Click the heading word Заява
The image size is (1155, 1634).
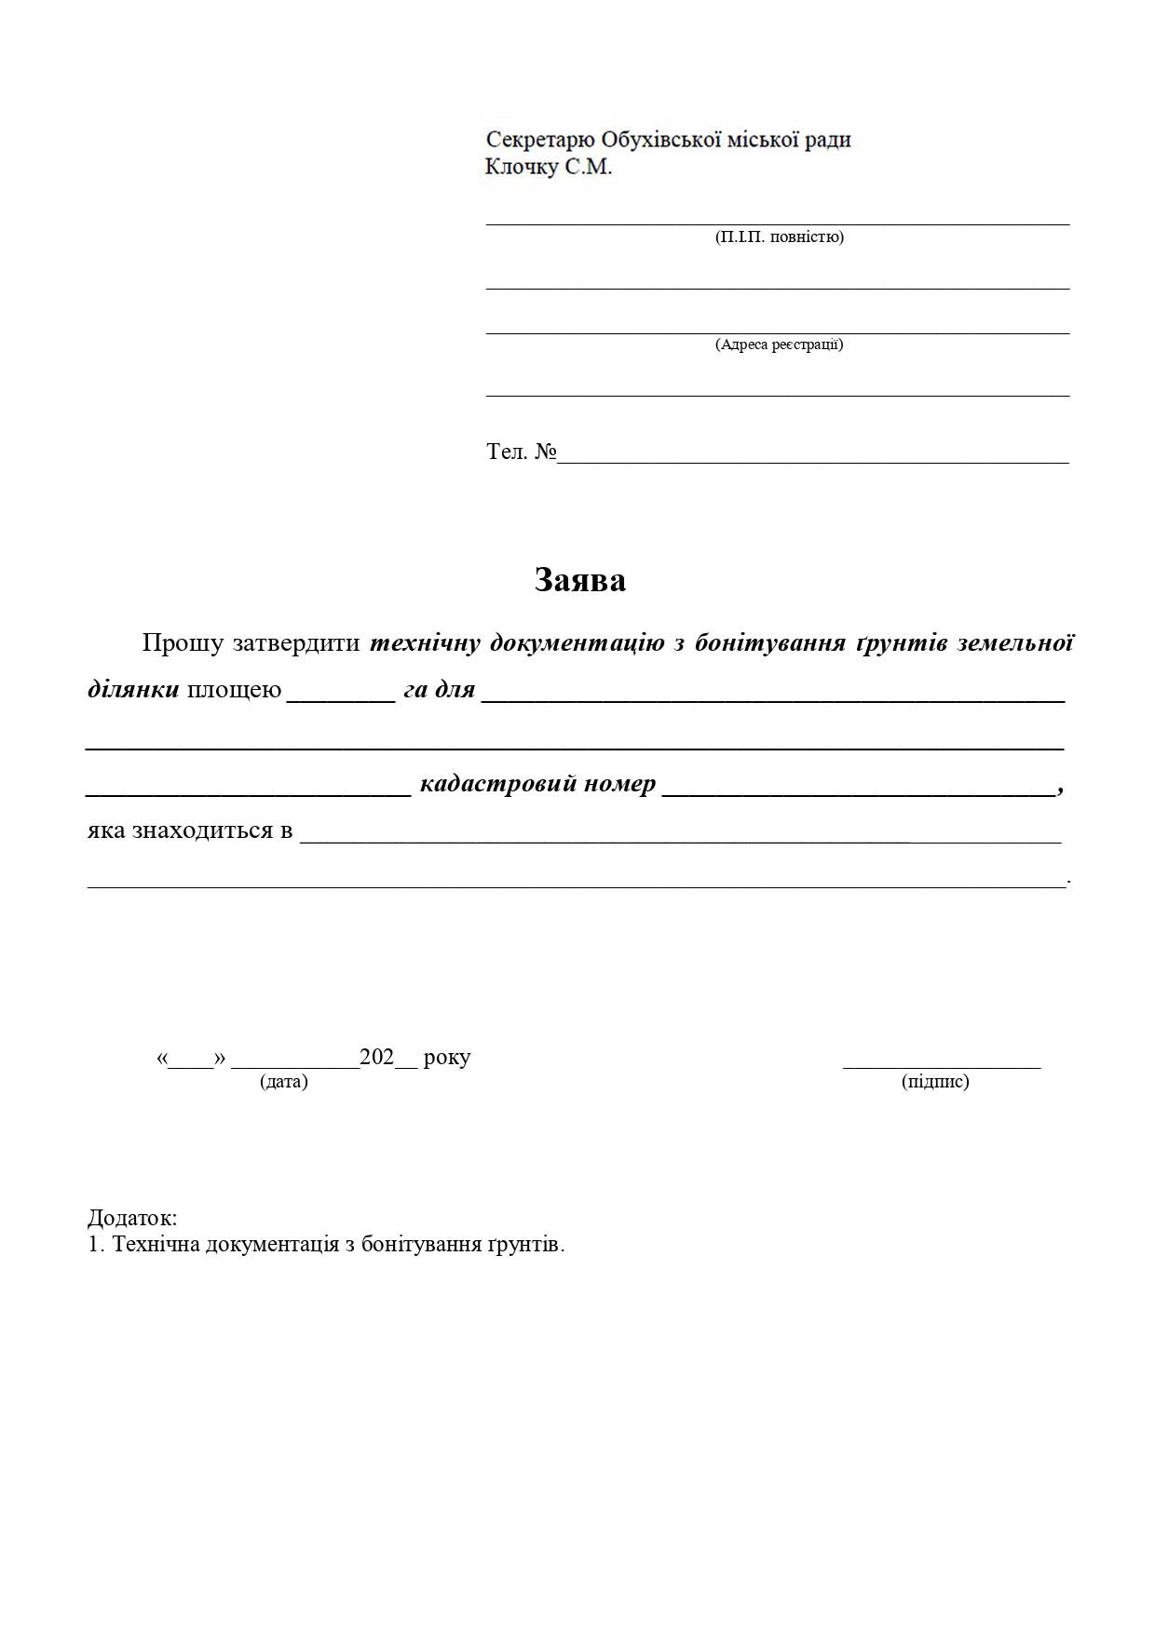(x=579, y=580)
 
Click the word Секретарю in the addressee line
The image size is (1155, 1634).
(x=539, y=140)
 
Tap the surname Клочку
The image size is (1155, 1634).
(x=521, y=168)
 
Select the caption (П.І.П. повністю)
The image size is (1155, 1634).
(x=779, y=236)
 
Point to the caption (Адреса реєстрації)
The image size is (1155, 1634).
(x=779, y=344)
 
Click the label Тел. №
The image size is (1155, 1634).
(x=521, y=452)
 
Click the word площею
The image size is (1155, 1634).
(x=234, y=690)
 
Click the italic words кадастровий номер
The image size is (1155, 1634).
(x=537, y=784)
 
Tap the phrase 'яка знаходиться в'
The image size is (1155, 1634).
(x=190, y=830)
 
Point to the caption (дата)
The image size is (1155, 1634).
(x=284, y=1081)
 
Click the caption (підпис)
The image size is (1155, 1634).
(x=935, y=1081)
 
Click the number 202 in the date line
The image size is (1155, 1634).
(x=376, y=1057)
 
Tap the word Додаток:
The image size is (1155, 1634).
(x=132, y=1218)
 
